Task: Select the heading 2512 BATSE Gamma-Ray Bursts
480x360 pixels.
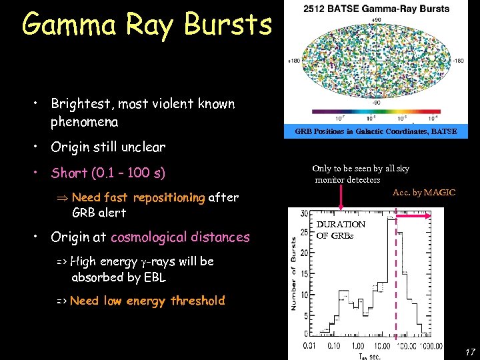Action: [376, 9]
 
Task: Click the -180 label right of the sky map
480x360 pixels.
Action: [459, 61]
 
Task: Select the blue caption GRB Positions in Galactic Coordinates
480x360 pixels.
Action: [376, 131]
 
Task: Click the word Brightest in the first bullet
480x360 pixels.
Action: [81, 104]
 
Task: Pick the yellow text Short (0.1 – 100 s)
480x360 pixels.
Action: [109, 173]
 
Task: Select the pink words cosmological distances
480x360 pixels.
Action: [180, 237]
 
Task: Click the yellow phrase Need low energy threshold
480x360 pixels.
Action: [147, 301]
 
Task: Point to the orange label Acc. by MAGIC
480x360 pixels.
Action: [424, 193]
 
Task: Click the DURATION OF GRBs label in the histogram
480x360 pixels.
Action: [341, 230]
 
